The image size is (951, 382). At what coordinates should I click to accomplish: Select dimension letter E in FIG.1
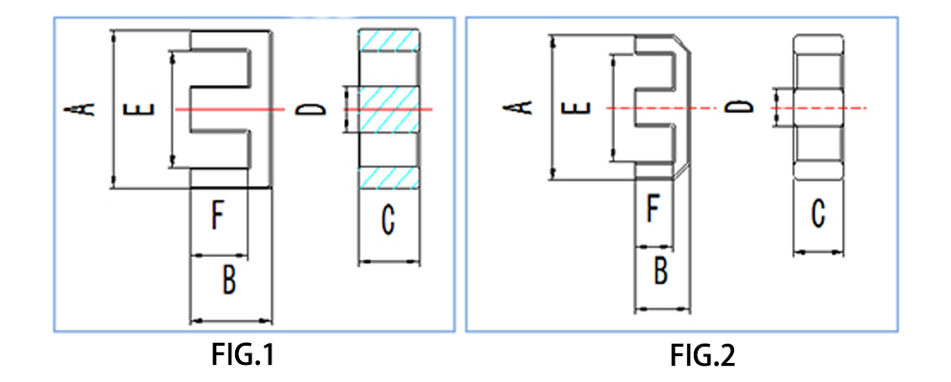(140, 109)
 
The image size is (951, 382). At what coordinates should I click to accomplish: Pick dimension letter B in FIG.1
(229, 281)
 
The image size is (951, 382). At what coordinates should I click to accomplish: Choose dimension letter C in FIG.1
(388, 221)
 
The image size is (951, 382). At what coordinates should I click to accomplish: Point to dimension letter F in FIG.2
(653, 207)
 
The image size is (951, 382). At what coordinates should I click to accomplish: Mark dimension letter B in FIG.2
(660, 270)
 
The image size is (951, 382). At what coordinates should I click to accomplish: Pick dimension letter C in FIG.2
(818, 213)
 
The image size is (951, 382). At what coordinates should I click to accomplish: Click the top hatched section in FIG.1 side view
(388, 42)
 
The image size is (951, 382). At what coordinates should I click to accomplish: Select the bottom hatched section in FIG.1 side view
(388, 178)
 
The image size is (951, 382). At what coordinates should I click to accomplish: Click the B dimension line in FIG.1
(232, 319)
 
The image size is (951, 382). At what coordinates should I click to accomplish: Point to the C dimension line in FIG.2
(819, 252)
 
